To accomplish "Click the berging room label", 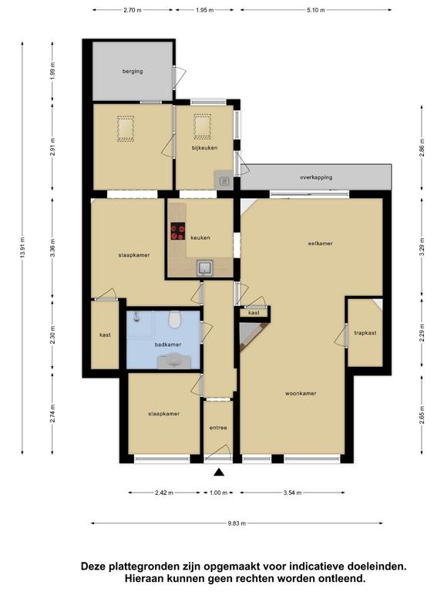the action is (133, 71).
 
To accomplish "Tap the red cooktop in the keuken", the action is (178, 231).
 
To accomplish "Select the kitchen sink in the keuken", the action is (204, 267).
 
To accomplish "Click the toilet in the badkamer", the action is (174, 319).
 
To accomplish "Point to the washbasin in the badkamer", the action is (174, 361).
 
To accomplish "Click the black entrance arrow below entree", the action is (219, 473).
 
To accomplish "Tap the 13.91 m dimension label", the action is (22, 247).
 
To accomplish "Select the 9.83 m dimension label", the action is (237, 523).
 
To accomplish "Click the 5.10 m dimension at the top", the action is (315, 10).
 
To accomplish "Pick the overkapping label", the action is (316, 177).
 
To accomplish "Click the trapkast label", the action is (365, 333).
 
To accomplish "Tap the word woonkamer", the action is (301, 393).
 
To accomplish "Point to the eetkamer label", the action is (320, 244).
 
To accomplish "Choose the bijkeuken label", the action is (204, 148).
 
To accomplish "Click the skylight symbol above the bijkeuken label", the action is (203, 126).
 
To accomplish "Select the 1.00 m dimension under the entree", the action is (219, 493).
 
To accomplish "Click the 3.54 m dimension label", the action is (293, 493).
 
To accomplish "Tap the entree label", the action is (218, 428).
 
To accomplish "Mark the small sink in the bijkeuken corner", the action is (224, 181).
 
